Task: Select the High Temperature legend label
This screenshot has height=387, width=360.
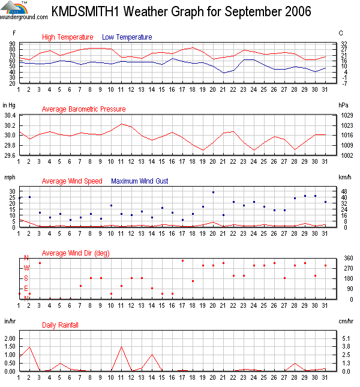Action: (x=67, y=37)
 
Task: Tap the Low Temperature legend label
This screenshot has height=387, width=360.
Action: (x=127, y=37)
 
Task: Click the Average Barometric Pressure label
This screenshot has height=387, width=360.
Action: (x=83, y=109)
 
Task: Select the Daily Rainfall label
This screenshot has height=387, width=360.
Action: (x=60, y=325)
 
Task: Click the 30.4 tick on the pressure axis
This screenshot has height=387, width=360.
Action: (x=11, y=115)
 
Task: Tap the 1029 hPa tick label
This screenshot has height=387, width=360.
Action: (x=346, y=115)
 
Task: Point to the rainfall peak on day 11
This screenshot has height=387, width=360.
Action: (x=121, y=347)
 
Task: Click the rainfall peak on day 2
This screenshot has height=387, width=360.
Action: (x=29, y=347)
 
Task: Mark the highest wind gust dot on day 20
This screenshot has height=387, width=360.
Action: (x=213, y=192)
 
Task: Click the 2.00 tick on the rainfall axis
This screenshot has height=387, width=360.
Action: (x=10, y=338)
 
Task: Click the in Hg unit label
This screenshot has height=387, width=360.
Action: (x=10, y=105)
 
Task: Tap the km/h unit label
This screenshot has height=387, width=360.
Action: (x=345, y=178)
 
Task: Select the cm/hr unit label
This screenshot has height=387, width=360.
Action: (x=345, y=322)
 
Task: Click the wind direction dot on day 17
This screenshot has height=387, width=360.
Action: (x=182, y=260)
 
